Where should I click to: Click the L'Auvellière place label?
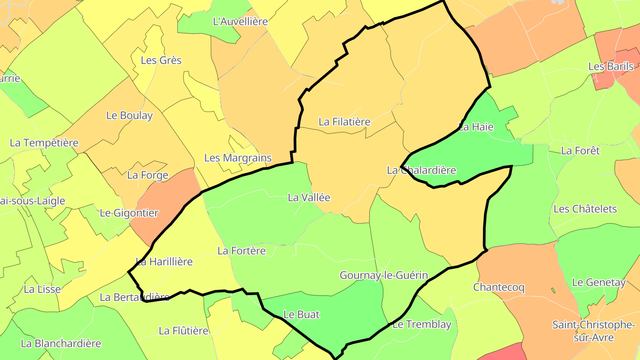240,21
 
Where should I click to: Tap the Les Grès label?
161,60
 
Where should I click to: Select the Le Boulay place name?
129,116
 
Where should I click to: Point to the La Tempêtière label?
44,143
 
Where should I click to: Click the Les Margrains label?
238,158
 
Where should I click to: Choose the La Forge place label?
148,175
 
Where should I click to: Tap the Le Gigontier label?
129,213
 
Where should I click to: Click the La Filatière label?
344,121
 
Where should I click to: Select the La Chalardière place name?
421,170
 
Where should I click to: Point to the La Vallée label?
309,198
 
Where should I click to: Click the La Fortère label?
241,251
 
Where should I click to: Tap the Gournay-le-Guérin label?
384,275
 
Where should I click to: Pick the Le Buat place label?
301,314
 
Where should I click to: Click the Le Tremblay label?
422,324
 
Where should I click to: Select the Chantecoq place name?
499,287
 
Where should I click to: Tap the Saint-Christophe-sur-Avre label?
593,331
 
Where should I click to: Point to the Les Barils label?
611,67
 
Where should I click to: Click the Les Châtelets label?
585,209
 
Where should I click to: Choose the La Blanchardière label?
61,344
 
